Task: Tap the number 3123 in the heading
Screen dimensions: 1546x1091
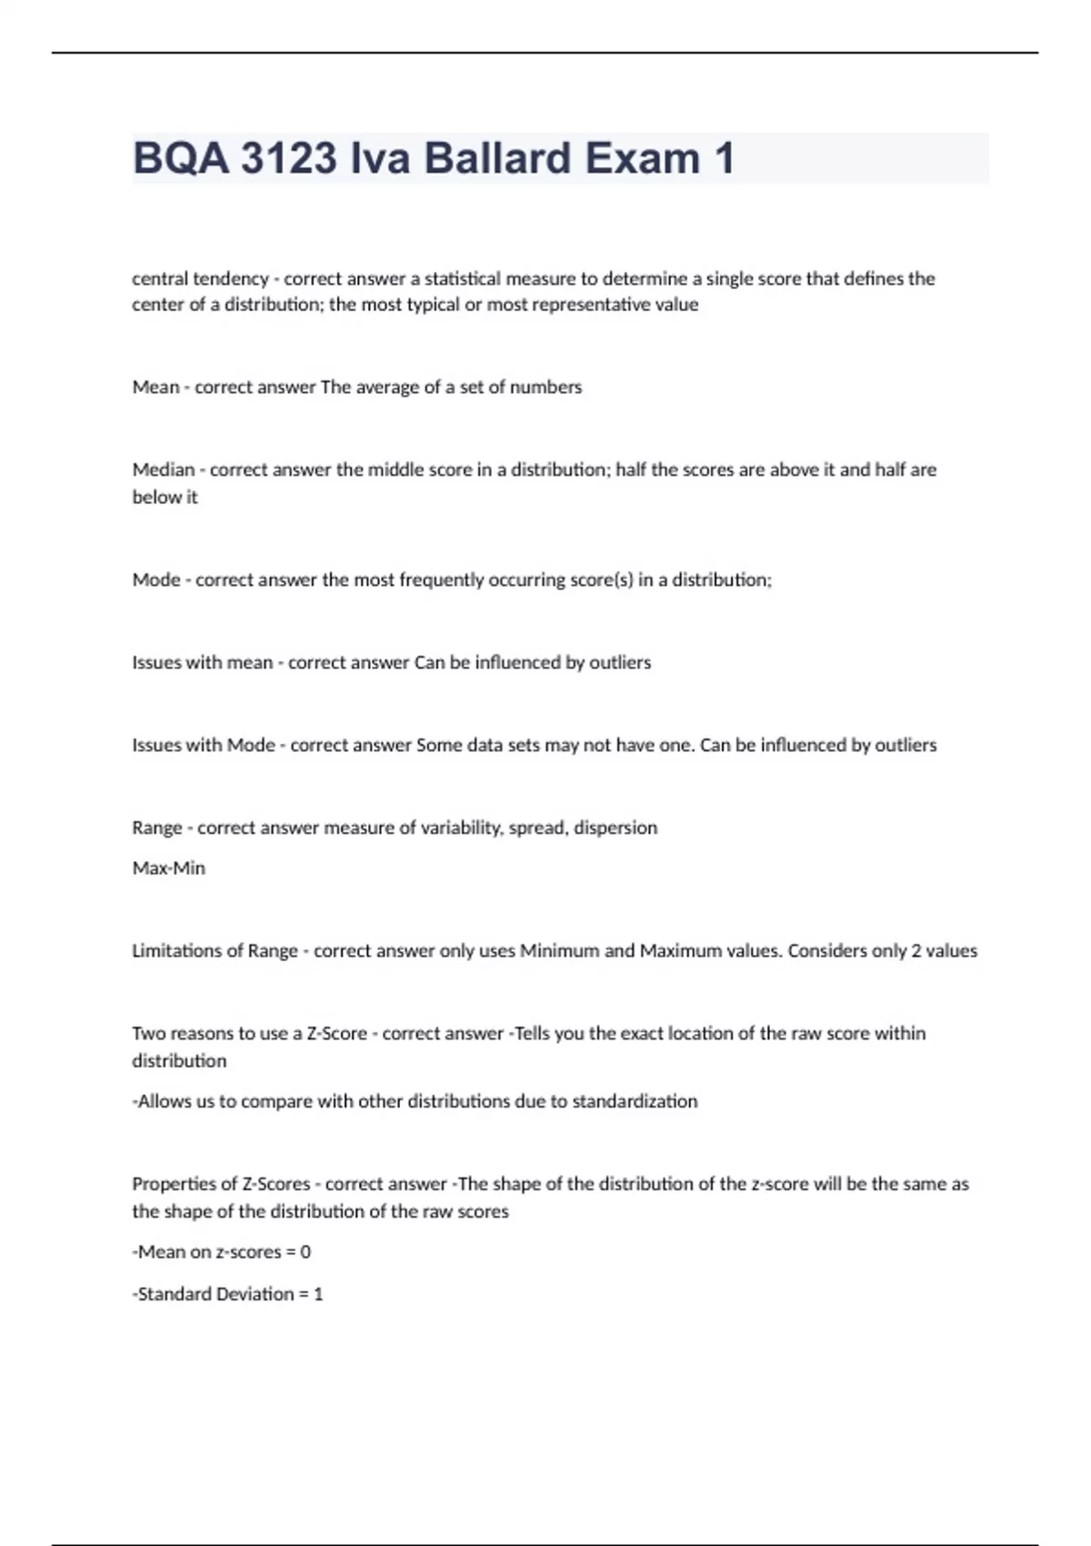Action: [288, 158]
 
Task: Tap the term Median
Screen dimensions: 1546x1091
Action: [164, 470]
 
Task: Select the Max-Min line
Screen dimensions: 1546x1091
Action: [169, 868]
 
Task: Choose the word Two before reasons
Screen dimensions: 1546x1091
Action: [148, 1034]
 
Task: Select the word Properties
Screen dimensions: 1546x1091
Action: [184, 1184]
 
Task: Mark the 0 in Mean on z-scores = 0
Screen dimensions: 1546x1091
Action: [305, 1252]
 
